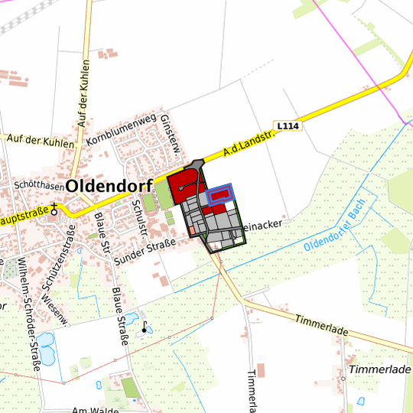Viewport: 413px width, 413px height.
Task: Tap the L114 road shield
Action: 288,125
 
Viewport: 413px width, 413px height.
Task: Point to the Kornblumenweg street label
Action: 122,132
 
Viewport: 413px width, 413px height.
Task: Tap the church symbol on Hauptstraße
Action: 55,208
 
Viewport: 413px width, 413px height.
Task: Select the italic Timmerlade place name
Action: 379,369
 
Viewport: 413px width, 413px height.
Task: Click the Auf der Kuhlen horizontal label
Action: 40,141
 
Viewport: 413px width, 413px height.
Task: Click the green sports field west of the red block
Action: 163,194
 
